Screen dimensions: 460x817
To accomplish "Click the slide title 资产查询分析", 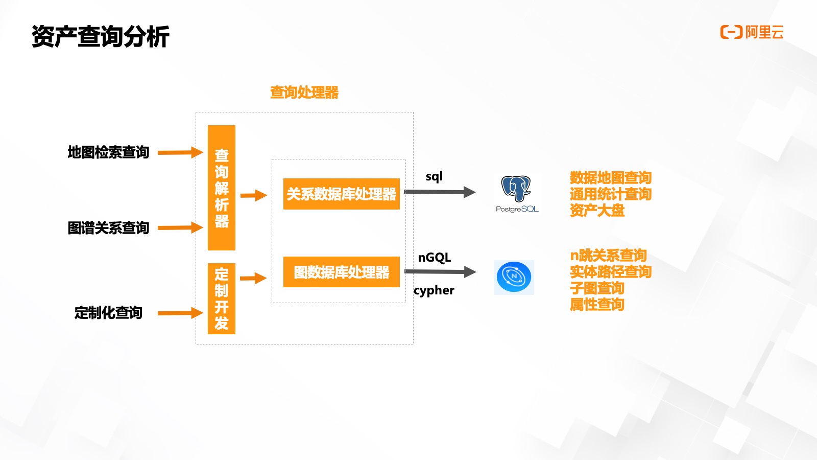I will pyautogui.click(x=101, y=37).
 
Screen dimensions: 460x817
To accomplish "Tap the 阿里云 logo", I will pyautogui.click(x=752, y=32).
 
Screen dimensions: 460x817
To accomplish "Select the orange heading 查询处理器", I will pyautogui.click(x=304, y=93).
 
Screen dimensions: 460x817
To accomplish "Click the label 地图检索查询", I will pyautogui.click(x=108, y=152).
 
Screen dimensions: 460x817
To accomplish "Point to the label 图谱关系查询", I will pyautogui.click(x=108, y=228).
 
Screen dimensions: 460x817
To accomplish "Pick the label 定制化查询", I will pyautogui.click(x=108, y=313).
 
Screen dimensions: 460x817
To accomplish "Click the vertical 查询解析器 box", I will pyautogui.click(x=222, y=188).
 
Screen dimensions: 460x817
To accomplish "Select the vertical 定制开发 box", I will pyautogui.click(x=222, y=298).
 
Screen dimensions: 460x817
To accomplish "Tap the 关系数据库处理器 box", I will pyautogui.click(x=342, y=194).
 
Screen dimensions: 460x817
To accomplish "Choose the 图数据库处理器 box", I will pyautogui.click(x=342, y=272).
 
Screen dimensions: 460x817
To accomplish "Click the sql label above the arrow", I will pyautogui.click(x=434, y=177).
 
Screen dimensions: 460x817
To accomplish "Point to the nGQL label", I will pyautogui.click(x=435, y=258).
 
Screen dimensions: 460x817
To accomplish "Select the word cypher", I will pyautogui.click(x=434, y=290).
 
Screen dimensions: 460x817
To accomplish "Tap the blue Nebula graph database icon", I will pyautogui.click(x=514, y=278).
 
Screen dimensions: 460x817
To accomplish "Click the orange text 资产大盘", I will pyautogui.click(x=597, y=211).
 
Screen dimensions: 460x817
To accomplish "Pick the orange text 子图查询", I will pyautogui.click(x=597, y=288).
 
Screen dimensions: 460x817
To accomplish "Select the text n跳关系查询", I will pyautogui.click(x=608, y=256).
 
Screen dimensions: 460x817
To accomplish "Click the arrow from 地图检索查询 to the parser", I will pyautogui.click(x=180, y=152).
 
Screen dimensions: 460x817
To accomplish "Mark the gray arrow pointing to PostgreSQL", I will pyautogui.click(x=440, y=192).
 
